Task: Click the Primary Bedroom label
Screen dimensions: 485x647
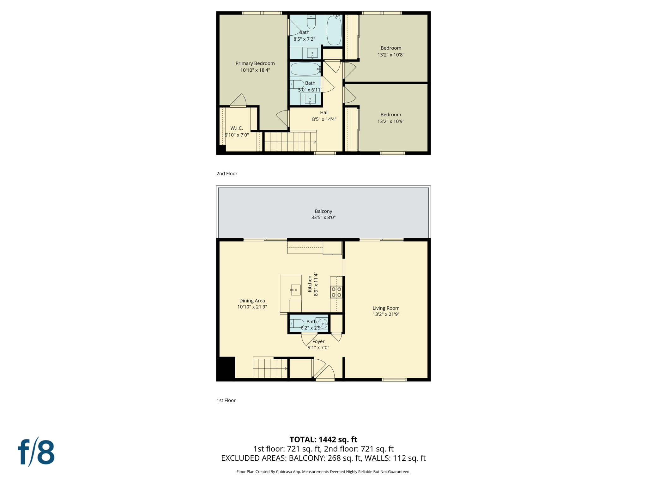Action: click(255, 63)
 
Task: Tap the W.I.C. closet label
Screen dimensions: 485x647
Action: click(237, 128)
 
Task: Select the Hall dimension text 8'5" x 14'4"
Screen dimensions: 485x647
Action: click(324, 119)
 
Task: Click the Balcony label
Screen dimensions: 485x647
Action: click(323, 211)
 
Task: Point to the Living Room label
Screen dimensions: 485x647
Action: click(386, 308)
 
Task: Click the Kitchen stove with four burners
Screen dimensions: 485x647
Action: click(336, 292)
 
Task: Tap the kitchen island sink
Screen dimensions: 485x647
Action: click(295, 290)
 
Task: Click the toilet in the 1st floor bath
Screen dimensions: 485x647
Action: click(297, 324)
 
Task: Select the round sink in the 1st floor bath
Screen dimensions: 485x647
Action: click(322, 324)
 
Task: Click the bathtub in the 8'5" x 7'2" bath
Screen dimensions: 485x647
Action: click(334, 31)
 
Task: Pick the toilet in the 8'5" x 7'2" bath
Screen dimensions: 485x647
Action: click(311, 22)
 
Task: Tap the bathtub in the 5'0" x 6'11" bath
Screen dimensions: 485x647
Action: click(305, 69)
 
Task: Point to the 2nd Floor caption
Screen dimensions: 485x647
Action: click(227, 174)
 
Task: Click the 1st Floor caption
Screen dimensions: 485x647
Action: click(226, 400)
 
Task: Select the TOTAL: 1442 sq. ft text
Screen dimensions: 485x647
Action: click(323, 440)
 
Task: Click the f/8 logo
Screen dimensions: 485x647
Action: click(36, 452)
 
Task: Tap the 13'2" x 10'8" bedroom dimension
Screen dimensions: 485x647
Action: click(391, 55)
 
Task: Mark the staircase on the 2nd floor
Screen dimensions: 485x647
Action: click(290, 142)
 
